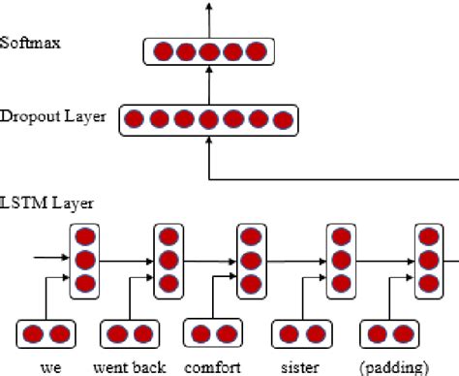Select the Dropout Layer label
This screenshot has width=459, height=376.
(x=54, y=118)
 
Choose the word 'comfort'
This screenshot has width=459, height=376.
(x=212, y=366)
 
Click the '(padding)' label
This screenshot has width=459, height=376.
(x=393, y=366)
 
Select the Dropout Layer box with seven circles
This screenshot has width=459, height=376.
(x=208, y=120)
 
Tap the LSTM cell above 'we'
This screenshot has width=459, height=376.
(x=84, y=261)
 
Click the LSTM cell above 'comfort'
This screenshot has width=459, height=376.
(x=252, y=261)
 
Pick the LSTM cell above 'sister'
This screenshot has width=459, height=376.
(x=340, y=261)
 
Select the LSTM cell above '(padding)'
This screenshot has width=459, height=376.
(x=429, y=261)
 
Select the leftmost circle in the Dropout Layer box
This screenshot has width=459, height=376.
(x=135, y=120)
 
